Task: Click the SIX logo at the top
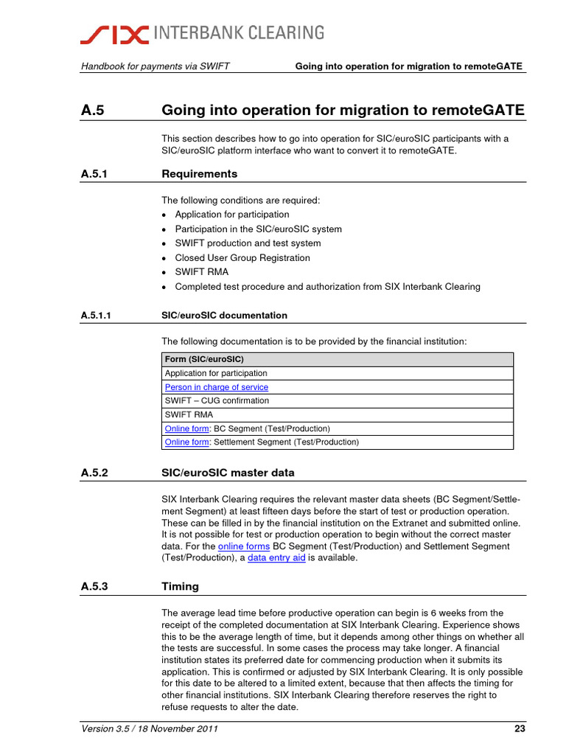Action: pyautogui.click(x=115, y=33)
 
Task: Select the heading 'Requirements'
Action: pyautogui.click(x=199, y=174)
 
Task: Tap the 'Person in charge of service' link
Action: pyautogui.click(x=217, y=387)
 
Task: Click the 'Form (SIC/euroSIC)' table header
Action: pyautogui.click(x=204, y=360)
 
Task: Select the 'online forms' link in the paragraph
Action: pyautogui.click(x=244, y=546)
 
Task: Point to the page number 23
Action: pyautogui.click(x=518, y=730)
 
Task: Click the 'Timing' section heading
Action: pyautogui.click(x=180, y=587)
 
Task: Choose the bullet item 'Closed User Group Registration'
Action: pyautogui.click(x=242, y=258)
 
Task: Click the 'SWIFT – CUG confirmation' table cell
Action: pyautogui.click(x=217, y=401)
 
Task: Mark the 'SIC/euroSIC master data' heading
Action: pyautogui.click(x=228, y=472)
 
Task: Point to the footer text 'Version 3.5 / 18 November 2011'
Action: pyautogui.click(x=150, y=730)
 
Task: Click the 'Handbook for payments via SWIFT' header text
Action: pyautogui.click(x=156, y=66)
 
